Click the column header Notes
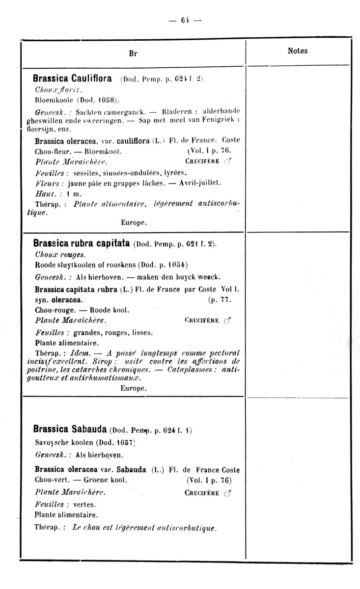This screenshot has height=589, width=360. click(x=297, y=51)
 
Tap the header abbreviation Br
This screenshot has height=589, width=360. click(x=133, y=54)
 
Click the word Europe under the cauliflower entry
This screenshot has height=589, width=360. click(x=134, y=222)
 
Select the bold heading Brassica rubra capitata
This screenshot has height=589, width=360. click(x=81, y=243)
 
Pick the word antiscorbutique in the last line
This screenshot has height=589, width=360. click(x=187, y=528)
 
